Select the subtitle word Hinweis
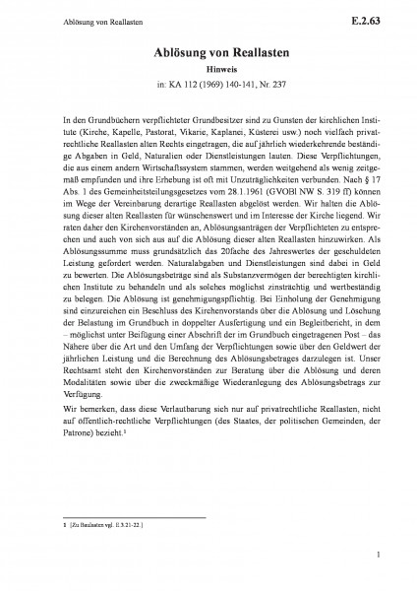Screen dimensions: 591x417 coord(208,71)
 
